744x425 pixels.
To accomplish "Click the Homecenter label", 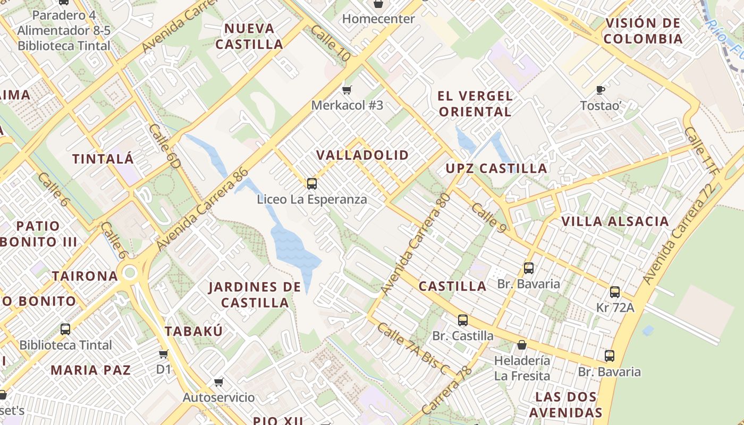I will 378,19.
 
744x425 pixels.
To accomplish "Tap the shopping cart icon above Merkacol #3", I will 347,90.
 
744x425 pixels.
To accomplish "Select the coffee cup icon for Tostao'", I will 601,89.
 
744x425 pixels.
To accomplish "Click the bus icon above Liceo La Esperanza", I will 312,184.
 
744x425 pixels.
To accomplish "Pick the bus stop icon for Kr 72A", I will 615,292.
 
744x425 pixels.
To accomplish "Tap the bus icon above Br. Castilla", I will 463,320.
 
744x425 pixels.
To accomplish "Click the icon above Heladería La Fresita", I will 522,345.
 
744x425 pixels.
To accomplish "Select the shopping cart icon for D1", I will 164,354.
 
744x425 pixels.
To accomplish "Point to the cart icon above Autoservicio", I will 218,382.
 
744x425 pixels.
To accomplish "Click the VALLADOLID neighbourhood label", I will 362,155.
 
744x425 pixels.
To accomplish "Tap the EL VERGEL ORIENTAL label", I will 475,104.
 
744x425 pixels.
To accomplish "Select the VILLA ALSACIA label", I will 615,222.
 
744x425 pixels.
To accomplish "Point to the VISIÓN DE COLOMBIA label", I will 643,31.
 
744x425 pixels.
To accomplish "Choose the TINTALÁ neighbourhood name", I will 103,159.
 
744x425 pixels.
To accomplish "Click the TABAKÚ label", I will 193,331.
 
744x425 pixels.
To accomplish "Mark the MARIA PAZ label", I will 90,370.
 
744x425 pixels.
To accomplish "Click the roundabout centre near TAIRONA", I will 130,274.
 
